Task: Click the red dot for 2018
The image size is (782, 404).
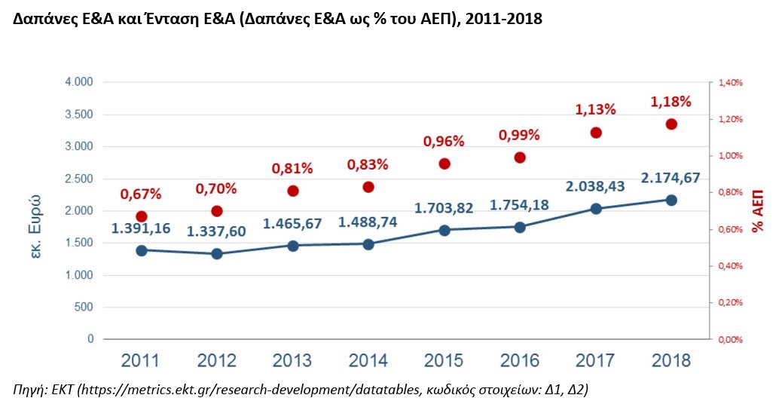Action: click(x=671, y=124)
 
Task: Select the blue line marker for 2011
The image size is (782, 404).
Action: click(x=141, y=250)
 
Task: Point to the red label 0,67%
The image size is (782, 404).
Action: click(x=141, y=194)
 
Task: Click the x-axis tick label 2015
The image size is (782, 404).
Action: click(x=444, y=360)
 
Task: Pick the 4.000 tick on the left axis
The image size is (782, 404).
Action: click(x=78, y=82)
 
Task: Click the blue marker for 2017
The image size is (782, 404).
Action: click(x=595, y=209)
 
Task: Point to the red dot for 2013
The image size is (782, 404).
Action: click(x=292, y=191)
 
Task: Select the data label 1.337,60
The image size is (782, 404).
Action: click(x=216, y=231)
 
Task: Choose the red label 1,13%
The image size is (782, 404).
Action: click(x=595, y=109)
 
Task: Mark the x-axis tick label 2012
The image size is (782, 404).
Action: click(x=216, y=360)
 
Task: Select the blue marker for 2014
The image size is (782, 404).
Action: click(x=368, y=244)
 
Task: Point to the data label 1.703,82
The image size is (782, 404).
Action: click(x=444, y=208)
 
